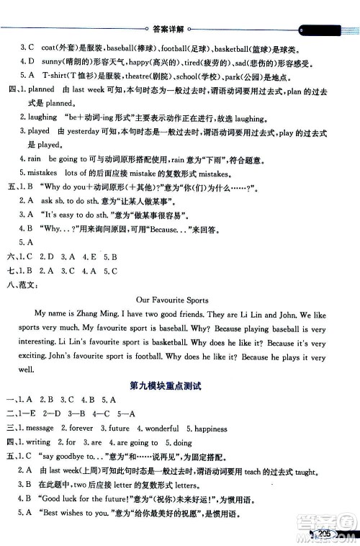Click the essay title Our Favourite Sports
(180, 300)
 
